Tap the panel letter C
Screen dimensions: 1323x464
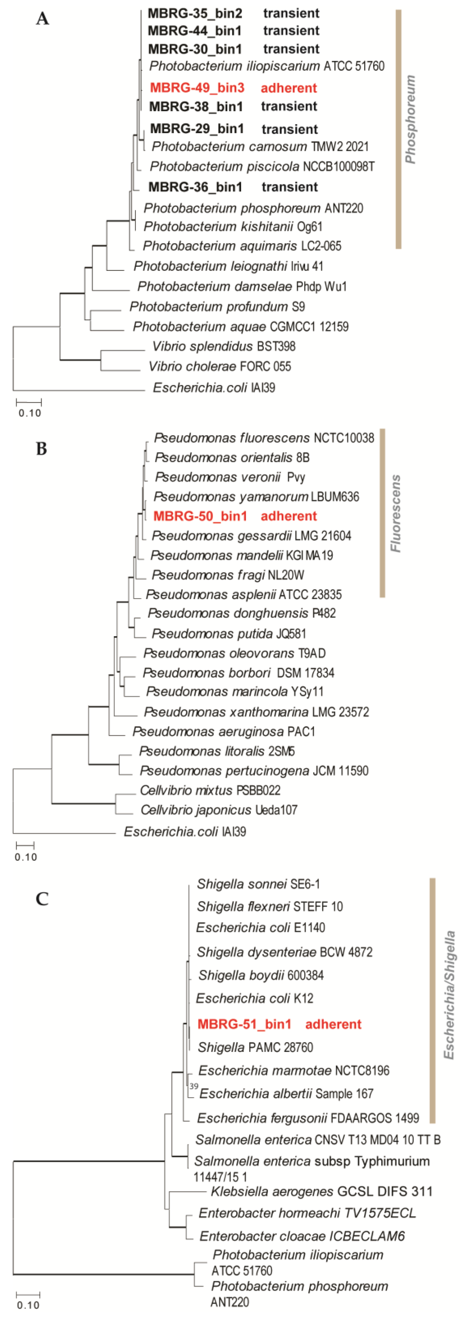[42, 899]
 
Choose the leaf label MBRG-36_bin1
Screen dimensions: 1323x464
[195, 187]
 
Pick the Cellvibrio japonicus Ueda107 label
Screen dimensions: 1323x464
[219, 810]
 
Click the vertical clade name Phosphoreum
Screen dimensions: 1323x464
[410, 119]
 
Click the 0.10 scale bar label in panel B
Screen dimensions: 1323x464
[26, 857]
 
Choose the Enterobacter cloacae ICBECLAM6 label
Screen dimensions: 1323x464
[302, 1236]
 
